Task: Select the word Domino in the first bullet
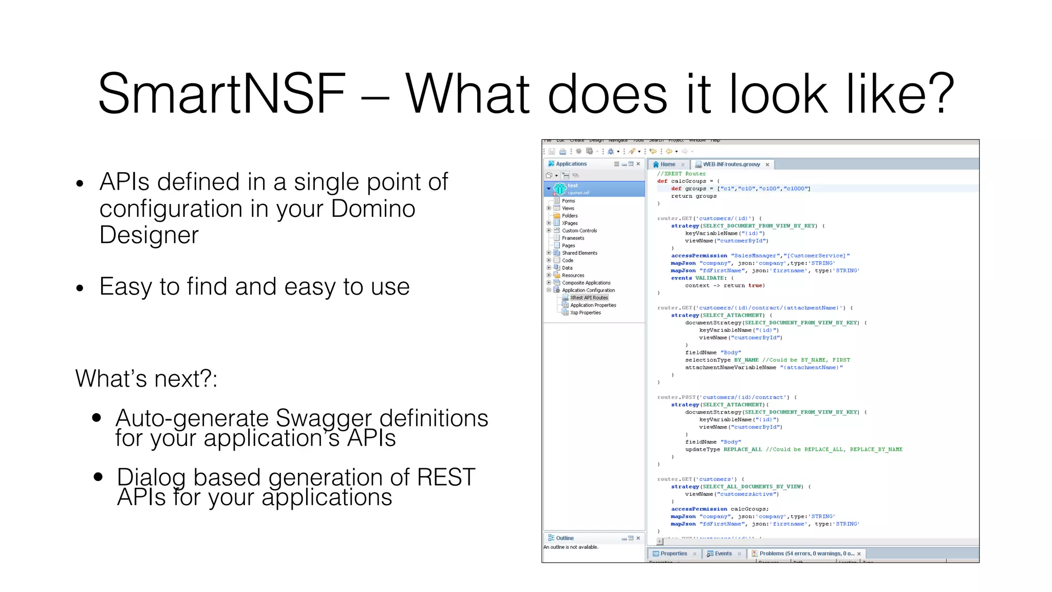pyautogui.click(x=373, y=209)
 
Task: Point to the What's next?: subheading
pyautogui.click(x=146, y=379)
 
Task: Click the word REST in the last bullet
pyautogui.click(x=445, y=477)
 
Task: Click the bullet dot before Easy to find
pyautogui.click(x=80, y=288)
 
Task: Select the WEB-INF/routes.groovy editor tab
pyautogui.click(x=731, y=164)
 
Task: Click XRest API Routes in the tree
pyautogui.click(x=589, y=298)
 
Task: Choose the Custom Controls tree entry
pyautogui.click(x=579, y=231)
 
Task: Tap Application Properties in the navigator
pyautogui.click(x=593, y=305)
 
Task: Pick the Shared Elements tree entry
pyautogui.click(x=579, y=253)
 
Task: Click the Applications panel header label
pyautogui.click(x=571, y=164)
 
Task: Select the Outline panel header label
pyautogui.click(x=565, y=538)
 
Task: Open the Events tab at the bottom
pyautogui.click(x=723, y=553)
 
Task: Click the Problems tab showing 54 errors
pyautogui.click(x=806, y=553)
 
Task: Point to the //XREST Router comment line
pyautogui.click(x=681, y=174)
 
